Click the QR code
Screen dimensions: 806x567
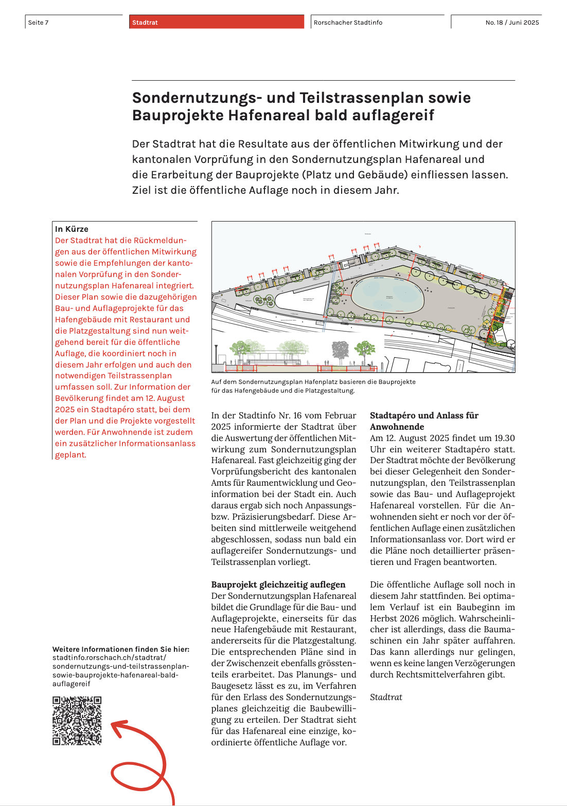77,721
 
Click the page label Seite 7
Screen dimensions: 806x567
39,23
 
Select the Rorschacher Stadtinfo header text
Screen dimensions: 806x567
348,23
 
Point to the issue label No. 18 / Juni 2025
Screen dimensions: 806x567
512,23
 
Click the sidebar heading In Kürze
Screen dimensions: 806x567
72,229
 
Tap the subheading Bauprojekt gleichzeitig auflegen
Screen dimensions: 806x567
278,584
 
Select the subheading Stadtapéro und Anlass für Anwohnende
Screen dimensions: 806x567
423,421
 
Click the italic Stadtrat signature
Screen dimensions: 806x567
386,697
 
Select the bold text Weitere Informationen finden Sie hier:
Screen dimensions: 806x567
121,649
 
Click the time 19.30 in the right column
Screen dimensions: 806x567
504,438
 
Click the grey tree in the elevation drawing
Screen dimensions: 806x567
340,351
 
